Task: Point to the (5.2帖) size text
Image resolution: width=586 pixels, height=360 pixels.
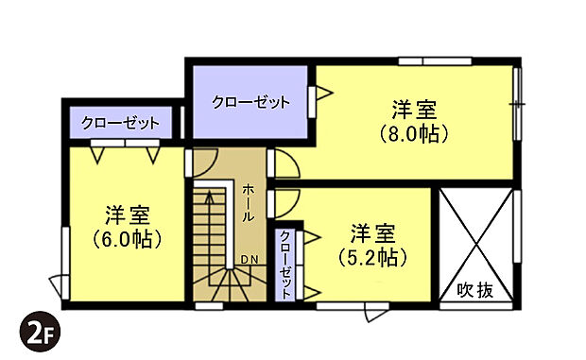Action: tap(372, 256)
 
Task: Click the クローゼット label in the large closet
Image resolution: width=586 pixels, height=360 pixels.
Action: tap(250, 102)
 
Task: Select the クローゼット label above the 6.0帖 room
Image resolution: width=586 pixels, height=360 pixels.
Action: tap(120, 123)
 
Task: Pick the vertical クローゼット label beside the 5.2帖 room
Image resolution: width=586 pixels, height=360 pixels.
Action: tap(286, 265)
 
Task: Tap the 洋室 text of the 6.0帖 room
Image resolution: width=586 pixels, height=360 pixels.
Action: tap(126, 214)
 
